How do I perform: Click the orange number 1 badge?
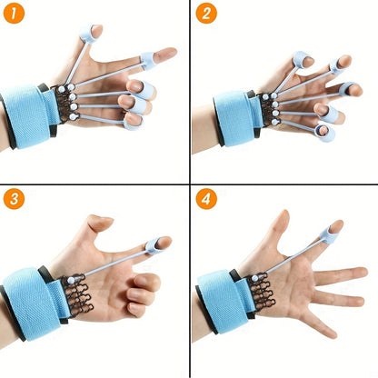pos(15,15)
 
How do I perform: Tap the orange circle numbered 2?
pos(208,15)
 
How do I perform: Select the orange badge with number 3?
pos(15,201)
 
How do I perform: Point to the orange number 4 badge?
pos(208,201)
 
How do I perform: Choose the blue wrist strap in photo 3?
pos(32,295)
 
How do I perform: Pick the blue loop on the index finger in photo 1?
pos(148,62)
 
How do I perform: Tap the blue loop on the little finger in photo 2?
pos(326,134)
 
